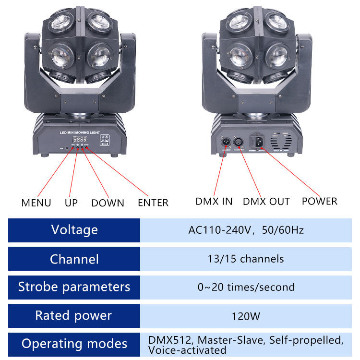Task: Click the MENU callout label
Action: pyautogui.click(x=36, y=203)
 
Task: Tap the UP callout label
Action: pyautogui.click(x=71, y=203)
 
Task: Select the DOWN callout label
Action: pyautogui.click(x=108, y=203)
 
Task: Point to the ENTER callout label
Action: pyautogui.click(x=153, y=203)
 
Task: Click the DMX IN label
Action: pyautogui.click(x=214, y=201)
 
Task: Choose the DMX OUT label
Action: pyautogui.click(x=266, y=201)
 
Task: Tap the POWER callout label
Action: pyautogui.click(x=320, y=201)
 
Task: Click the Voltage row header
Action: pyautogui.click(x=74, y=230)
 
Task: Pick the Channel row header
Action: pyautogui.click(x=74, y=259)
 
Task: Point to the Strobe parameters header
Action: pyautogui.click(x=74, y=287)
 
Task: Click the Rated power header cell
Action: pyautogui.click(x=74, y=315)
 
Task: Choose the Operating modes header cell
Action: pyautogui.click(x=74, y=344)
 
